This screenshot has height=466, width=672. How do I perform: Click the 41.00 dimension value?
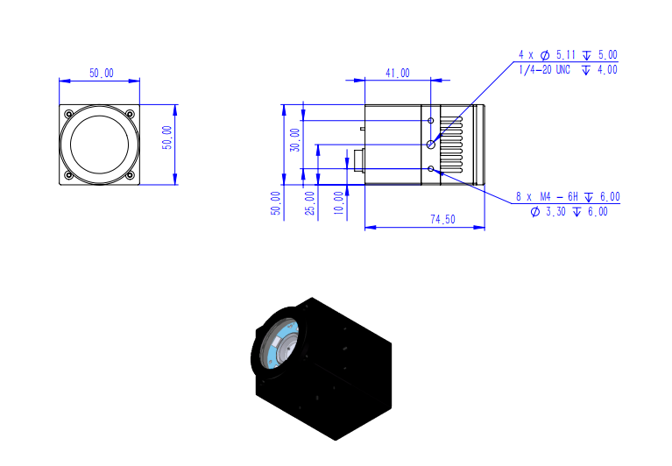pos(397,74)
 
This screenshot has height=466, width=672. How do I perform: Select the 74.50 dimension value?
pos(442,219)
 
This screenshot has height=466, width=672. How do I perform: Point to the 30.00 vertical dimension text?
pos(295,139)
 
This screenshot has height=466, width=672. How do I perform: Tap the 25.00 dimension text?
pos(309,203)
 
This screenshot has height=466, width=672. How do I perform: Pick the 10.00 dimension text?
pos(338,203)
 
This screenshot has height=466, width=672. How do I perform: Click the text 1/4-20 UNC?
pos(544,70)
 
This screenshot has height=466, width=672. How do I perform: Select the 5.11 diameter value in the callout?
pos(566,55)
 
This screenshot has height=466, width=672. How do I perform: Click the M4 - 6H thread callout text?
pos(559,196)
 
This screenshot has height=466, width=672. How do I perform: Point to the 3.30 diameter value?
pos(555,212)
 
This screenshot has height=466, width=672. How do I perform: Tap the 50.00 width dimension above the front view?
pos(102,74)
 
